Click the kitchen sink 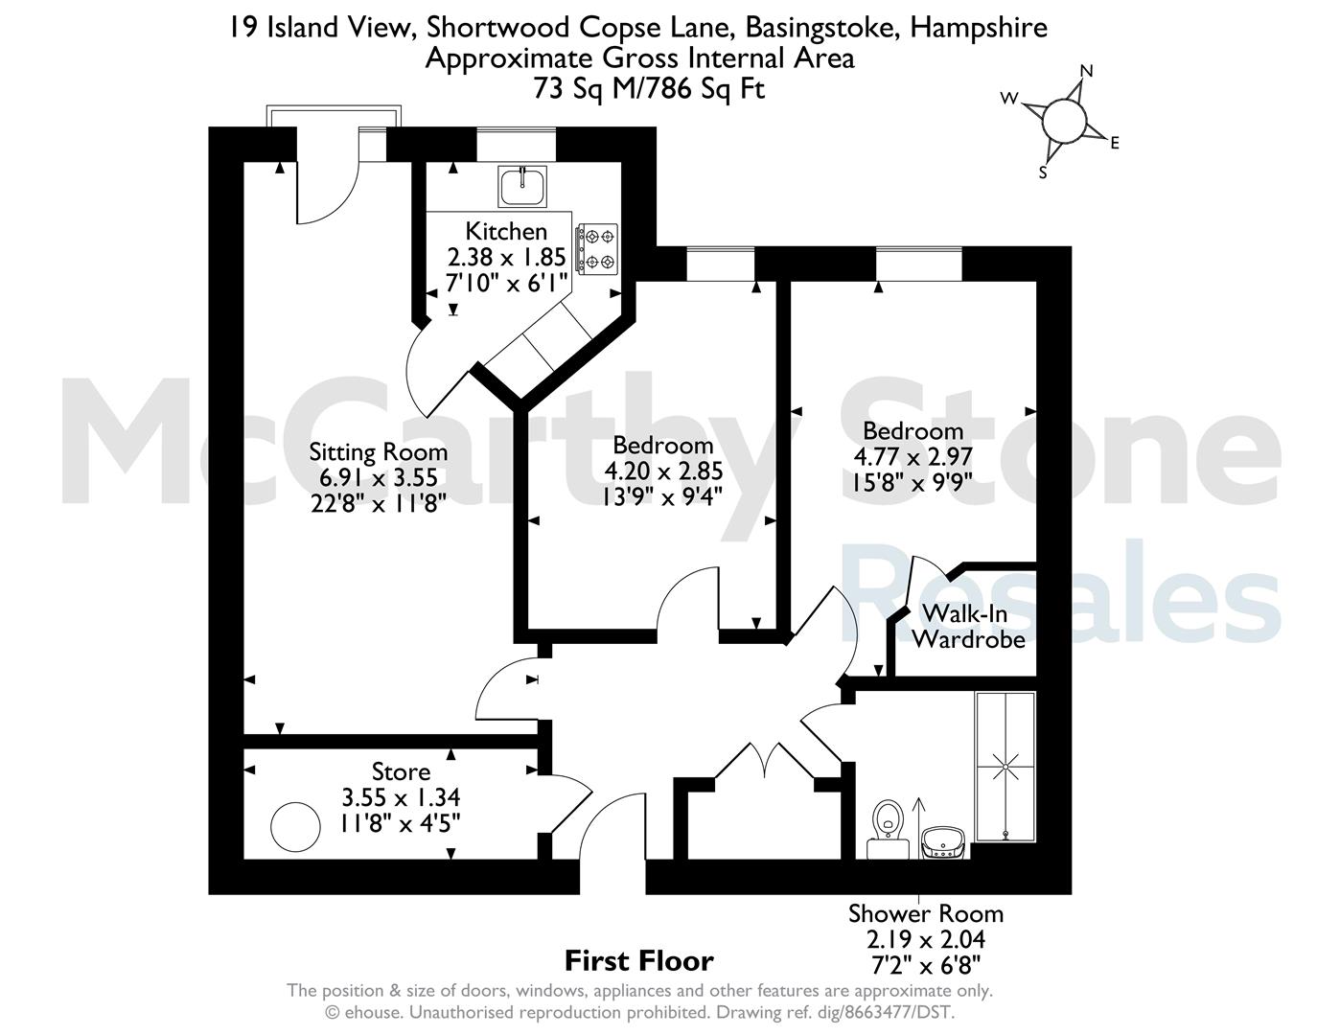521,187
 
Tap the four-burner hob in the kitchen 596,248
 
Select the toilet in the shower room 888,828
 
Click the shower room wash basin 943,842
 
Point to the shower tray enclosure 1005,767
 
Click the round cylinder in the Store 295,827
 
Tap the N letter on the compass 1087,72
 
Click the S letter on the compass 1043,173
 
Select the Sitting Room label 378,451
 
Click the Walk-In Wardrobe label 968,627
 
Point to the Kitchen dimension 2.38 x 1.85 506,257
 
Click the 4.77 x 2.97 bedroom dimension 913,457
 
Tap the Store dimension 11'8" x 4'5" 401,823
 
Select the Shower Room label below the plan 926,913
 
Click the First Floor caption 639,961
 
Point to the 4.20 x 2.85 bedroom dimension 663,471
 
